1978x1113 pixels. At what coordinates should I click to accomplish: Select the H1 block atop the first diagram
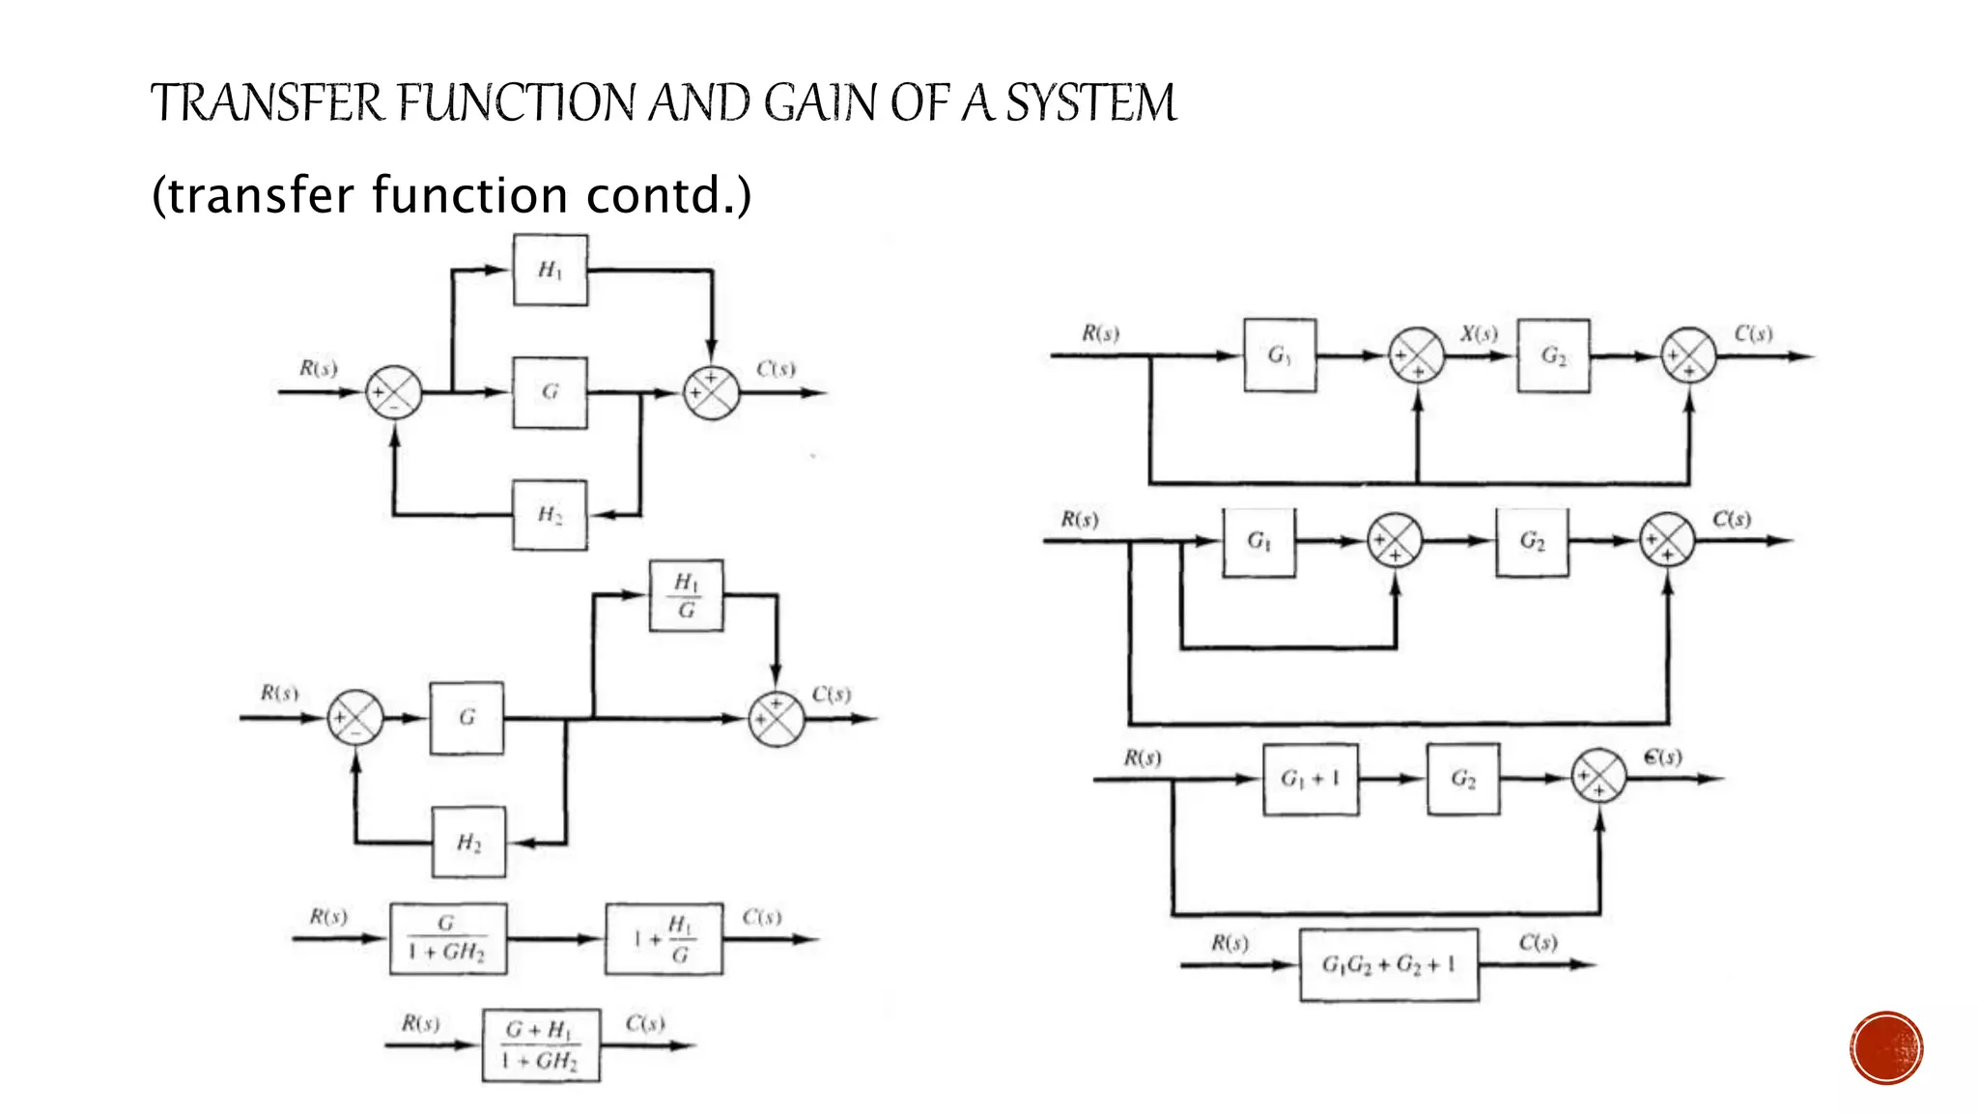(x=550, y=270)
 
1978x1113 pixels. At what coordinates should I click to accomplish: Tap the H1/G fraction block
(x=686, y=595)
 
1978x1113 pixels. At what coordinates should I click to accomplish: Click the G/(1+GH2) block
(x=448, y=938)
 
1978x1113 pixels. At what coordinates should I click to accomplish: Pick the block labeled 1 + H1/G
(x=664, y=938)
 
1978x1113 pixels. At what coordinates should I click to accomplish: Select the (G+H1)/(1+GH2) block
(x=541, y=1045)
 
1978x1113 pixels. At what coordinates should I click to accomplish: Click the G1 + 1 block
(x=1311, y=779)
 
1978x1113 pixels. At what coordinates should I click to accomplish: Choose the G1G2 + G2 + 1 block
(x=1389, y=964)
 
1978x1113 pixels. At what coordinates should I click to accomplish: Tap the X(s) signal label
(x=1479, y=334)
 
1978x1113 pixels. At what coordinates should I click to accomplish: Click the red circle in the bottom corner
(x=1886, y=1047)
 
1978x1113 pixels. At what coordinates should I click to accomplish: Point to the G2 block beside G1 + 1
(x=1463, y=779)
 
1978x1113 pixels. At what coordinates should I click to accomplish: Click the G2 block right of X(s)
(x=1553, y=356)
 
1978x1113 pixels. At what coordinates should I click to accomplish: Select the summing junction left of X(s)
(x=1416, y=356)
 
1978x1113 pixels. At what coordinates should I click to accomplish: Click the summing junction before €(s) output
(x=1598, y=777)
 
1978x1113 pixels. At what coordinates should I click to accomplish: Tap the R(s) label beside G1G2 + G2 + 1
(x=1229, y=943)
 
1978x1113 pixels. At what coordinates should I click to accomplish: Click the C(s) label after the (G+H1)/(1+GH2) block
(x=644, y=1023)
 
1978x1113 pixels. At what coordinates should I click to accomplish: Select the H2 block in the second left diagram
(x=468, y=842)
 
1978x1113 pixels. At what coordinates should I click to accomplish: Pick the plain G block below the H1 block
(x=550, y=392)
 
